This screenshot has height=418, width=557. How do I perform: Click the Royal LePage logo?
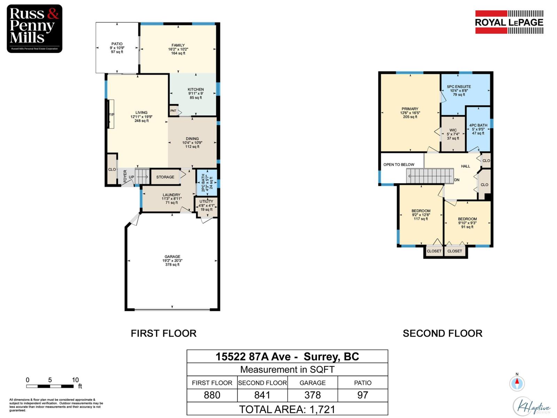[x=509, y=22]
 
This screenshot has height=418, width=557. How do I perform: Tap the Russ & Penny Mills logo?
[x=34, y=29]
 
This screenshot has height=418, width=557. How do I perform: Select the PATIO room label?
[x=117, y=48]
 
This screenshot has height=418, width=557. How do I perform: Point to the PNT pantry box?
[x=173, y=111]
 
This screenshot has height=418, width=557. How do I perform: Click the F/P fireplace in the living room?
[x=111, y=114]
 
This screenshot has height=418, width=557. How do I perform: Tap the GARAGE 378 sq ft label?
[x=172, y=261]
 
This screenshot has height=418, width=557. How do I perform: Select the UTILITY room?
[x=206, y=206]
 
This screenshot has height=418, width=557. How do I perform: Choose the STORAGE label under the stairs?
[x=165, y=177]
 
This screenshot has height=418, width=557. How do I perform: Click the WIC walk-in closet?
[x=453, y=134]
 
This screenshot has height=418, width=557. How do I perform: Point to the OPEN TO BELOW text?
[x=399, y=164]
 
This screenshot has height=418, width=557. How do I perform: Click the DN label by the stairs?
[x=457, y=180]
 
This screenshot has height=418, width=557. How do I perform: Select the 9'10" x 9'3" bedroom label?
[x=467, y=223]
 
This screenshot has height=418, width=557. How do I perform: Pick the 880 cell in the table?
[x=212, y=395]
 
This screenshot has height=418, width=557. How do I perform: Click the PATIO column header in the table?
[x=363, y=382]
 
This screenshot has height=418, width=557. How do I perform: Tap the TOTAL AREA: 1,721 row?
[x=287, y=409]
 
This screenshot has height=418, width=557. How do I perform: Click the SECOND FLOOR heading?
[x=442, y=333]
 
